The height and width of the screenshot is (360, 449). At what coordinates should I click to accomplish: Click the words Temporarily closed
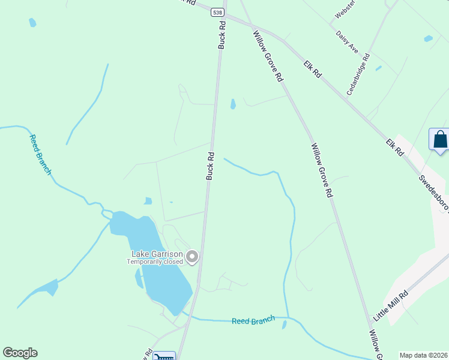tap(155, 262)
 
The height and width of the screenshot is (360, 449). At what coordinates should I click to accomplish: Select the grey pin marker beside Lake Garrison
tap(192, 257)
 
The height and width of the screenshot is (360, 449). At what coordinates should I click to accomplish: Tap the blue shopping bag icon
tap(440, 140)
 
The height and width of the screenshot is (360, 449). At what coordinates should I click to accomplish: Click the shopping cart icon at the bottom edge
tap(164, 356)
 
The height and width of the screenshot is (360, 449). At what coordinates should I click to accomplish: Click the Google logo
tap(20, 353)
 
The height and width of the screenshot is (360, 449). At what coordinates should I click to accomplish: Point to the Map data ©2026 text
tap(423, 355)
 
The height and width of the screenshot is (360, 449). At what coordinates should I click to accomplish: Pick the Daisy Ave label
tap(347, 42)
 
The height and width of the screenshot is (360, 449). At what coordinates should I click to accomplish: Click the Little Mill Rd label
tap(391, 304)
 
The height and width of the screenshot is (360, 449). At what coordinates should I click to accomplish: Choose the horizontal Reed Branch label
tap(253, 321)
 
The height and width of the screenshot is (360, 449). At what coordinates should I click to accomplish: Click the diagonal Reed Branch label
tap(40, 154)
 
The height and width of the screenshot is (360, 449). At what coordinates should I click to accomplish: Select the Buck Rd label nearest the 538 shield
tap(222, 35)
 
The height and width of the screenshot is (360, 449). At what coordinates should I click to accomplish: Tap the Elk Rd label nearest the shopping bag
tap(395, 148)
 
